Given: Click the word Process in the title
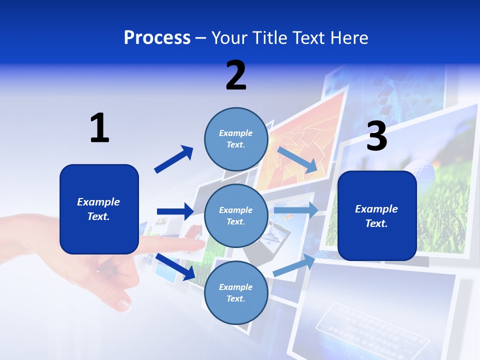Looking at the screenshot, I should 157,38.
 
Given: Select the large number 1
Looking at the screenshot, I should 99,128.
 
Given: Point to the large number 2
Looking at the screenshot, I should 236,75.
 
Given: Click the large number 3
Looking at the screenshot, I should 376,137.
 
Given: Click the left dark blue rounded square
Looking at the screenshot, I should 99,209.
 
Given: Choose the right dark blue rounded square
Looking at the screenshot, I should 377,216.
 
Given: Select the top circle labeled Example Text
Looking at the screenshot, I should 236,138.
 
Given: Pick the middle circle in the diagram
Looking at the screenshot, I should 236,215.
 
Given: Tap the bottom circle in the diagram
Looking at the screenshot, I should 236,292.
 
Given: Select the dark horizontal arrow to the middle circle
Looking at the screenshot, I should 175,211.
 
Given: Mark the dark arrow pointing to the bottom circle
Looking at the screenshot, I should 175,266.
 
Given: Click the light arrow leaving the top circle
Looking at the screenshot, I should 297,159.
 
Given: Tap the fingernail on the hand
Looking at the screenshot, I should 122,303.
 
